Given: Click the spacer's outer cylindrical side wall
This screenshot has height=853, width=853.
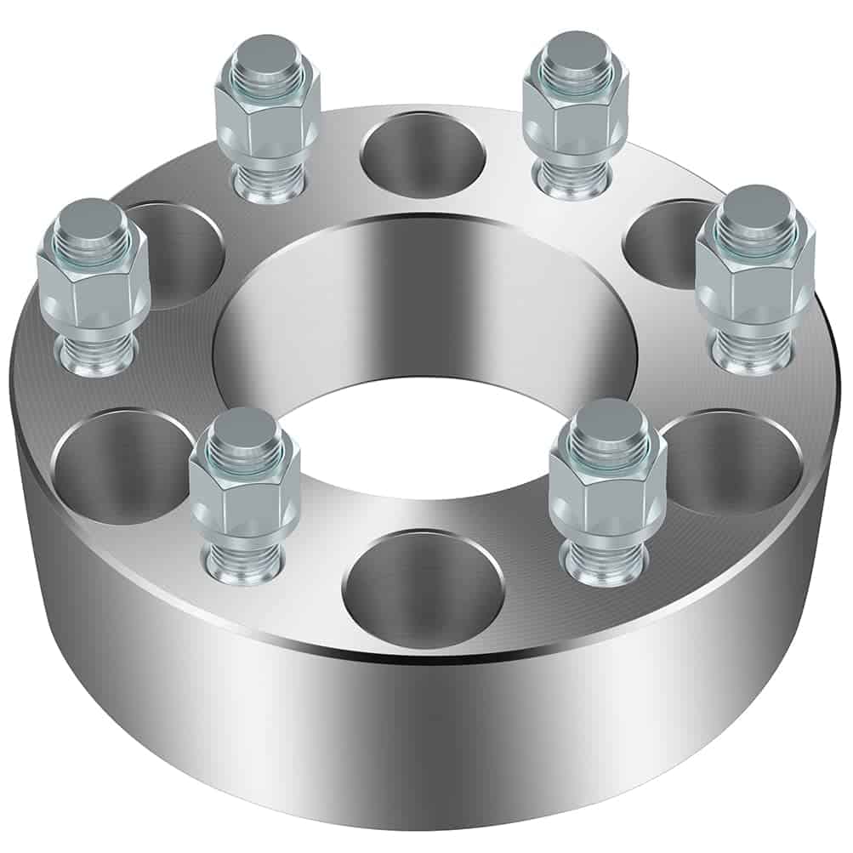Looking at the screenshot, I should (425, 740).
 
